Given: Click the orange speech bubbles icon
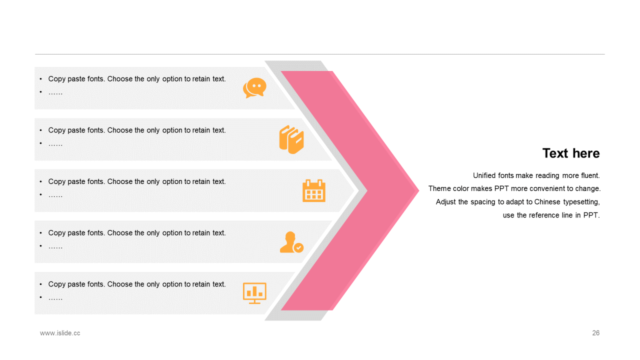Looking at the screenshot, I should coord(254,88).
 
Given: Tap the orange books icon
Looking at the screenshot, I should coord(291,139).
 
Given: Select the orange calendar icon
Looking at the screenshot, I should coord(314,190).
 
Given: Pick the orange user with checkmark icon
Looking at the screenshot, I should coord(291,242).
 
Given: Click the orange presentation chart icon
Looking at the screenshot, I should coord(254,293).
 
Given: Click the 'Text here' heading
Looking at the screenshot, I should coord(571,153).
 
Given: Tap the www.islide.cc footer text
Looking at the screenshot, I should coord(60,333).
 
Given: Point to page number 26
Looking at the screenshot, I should coord(595,333).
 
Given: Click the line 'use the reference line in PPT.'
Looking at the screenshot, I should coord(551,215).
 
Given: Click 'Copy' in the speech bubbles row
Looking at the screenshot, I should coord(57,79).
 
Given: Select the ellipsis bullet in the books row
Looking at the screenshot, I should coord(55,144).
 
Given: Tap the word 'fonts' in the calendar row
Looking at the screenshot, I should coord(95,181).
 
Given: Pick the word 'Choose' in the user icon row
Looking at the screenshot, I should coord(119,233).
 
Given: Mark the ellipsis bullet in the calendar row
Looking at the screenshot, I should coord(55,195).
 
